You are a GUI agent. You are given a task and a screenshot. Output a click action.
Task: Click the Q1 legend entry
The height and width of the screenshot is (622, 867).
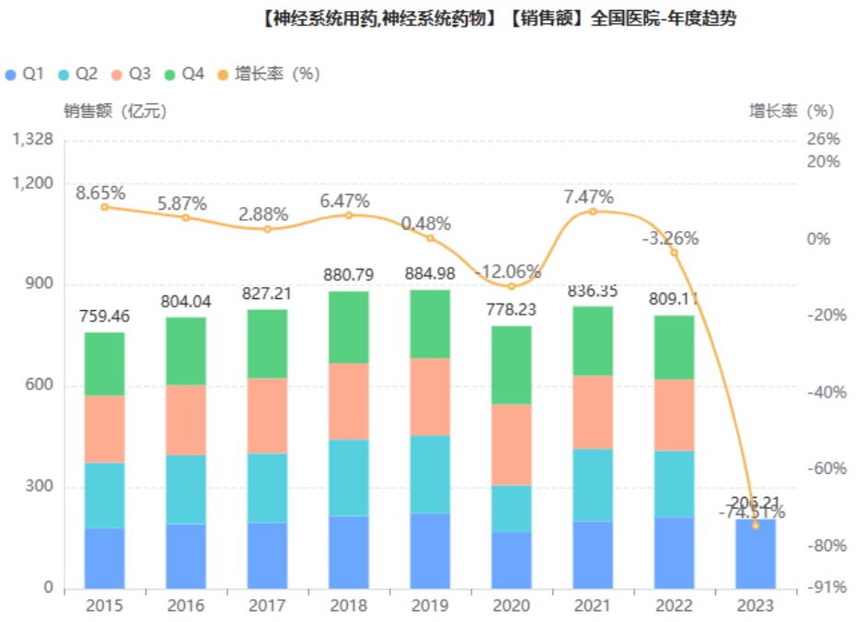pyautogui.click(x=25, y=74)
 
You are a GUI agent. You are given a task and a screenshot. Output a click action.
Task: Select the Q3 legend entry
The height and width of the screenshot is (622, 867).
pyautogui.click(x=131, y=74)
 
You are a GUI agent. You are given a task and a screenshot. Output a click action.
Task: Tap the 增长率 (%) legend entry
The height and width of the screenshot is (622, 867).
pyautogui.click(x=268, y=74)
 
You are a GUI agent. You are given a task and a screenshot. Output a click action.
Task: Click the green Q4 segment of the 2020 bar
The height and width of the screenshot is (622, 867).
pyautogui.click(x=511, y=364)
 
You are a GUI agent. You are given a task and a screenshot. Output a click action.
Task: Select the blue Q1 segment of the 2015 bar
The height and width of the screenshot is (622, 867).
pyautogui.click(x=104, y=558)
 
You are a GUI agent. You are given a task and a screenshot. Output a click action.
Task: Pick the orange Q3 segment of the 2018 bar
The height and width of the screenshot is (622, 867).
pyautogui.click(x=348, y=401)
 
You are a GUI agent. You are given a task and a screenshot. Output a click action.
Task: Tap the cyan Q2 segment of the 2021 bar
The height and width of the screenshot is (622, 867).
pyautogui.click(x=592, y=485)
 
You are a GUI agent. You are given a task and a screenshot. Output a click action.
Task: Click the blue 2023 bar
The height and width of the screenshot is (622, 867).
pyautogui.click(x=755, y=554)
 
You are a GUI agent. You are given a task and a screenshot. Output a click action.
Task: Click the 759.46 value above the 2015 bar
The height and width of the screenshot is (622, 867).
pyautogui.click(x=104, y=316)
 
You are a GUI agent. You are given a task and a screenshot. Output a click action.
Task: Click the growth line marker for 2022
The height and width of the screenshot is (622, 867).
pyautogui.click(x=674, y=252)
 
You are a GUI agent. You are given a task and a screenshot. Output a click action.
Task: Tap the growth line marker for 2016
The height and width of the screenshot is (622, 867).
pyautogui.click(x=185, y=217)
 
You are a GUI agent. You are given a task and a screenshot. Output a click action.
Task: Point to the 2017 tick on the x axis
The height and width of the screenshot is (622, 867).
pyautogui.click(x=267, y=605)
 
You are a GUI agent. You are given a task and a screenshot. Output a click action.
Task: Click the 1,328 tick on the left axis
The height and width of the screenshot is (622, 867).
pyautogui.click(x=33, y=140)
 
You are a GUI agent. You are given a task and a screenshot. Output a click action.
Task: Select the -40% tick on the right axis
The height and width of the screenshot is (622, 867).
pyautogui.click(x=826, y=392)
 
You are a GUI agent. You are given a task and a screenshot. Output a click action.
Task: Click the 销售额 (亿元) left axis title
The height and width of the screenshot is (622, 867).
pyautogui.click(x=115, y=111)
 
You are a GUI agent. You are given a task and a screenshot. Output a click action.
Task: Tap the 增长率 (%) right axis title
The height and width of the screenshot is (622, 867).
pyautogui.click(x=791, y=111)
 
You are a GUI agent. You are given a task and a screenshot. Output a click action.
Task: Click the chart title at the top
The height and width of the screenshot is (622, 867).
pyautogui.click(x=497, y=18)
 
